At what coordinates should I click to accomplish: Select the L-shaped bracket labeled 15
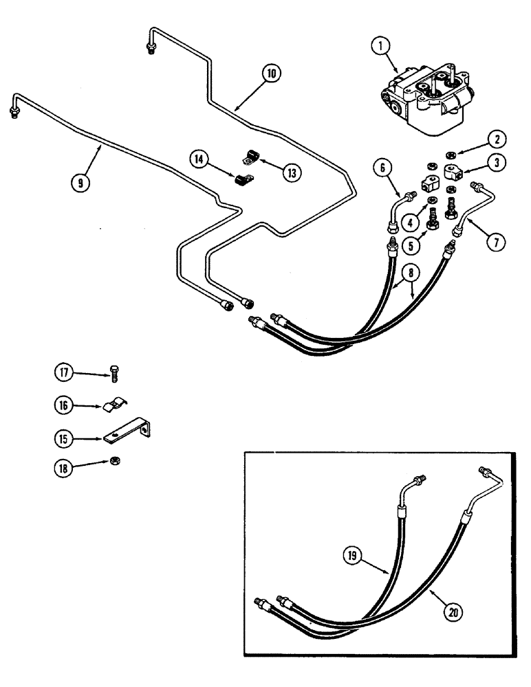click(x=130, y=432)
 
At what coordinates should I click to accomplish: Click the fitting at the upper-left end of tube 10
click(x=151, y=47)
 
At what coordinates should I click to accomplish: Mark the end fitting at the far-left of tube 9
click(x=15, y=112)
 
